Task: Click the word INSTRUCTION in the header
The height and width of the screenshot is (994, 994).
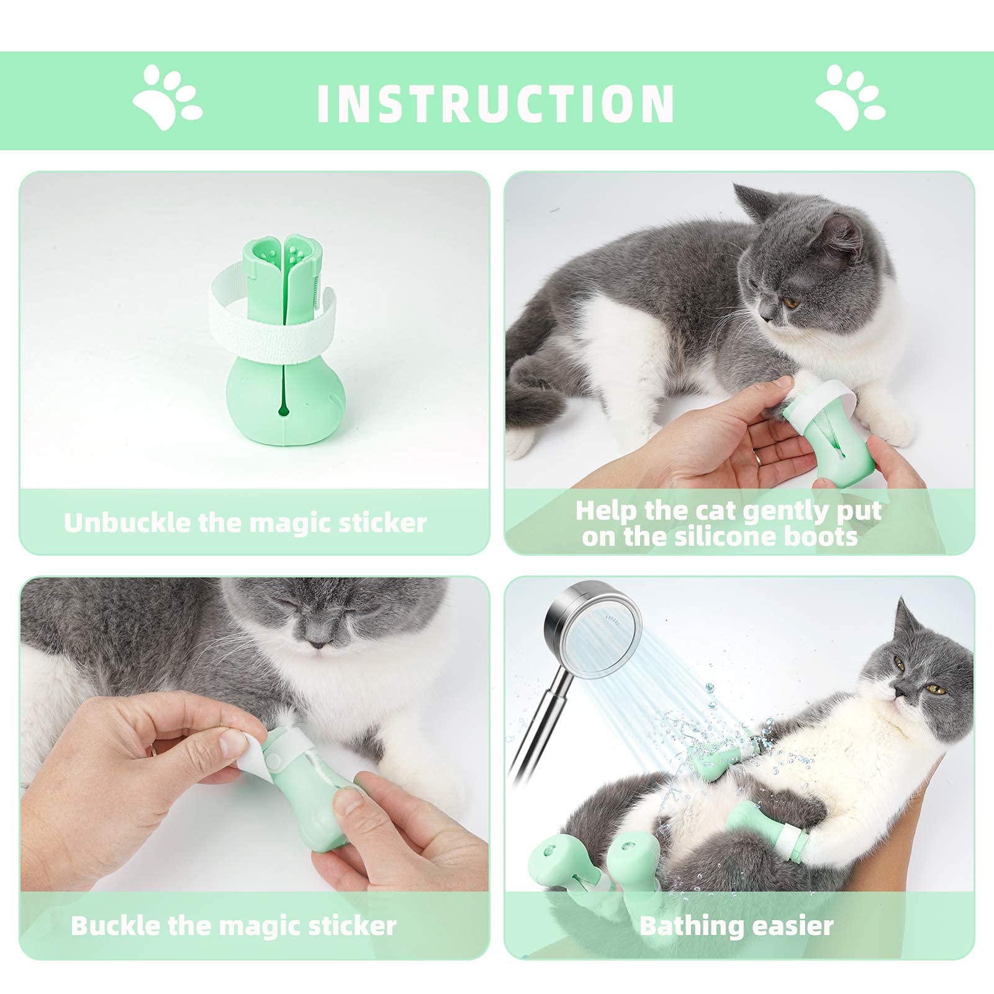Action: coord(495,102)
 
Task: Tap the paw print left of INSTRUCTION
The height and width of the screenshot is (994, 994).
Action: coord(167,97)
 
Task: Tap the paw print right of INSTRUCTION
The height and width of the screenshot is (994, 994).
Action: coord(851,97)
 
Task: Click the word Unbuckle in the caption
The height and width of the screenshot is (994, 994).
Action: coord(127,523)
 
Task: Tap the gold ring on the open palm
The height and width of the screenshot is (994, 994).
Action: coord(760,458)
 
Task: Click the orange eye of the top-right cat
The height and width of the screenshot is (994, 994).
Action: coord(792,302)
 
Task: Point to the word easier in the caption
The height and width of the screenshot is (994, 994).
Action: coord(789,926)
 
